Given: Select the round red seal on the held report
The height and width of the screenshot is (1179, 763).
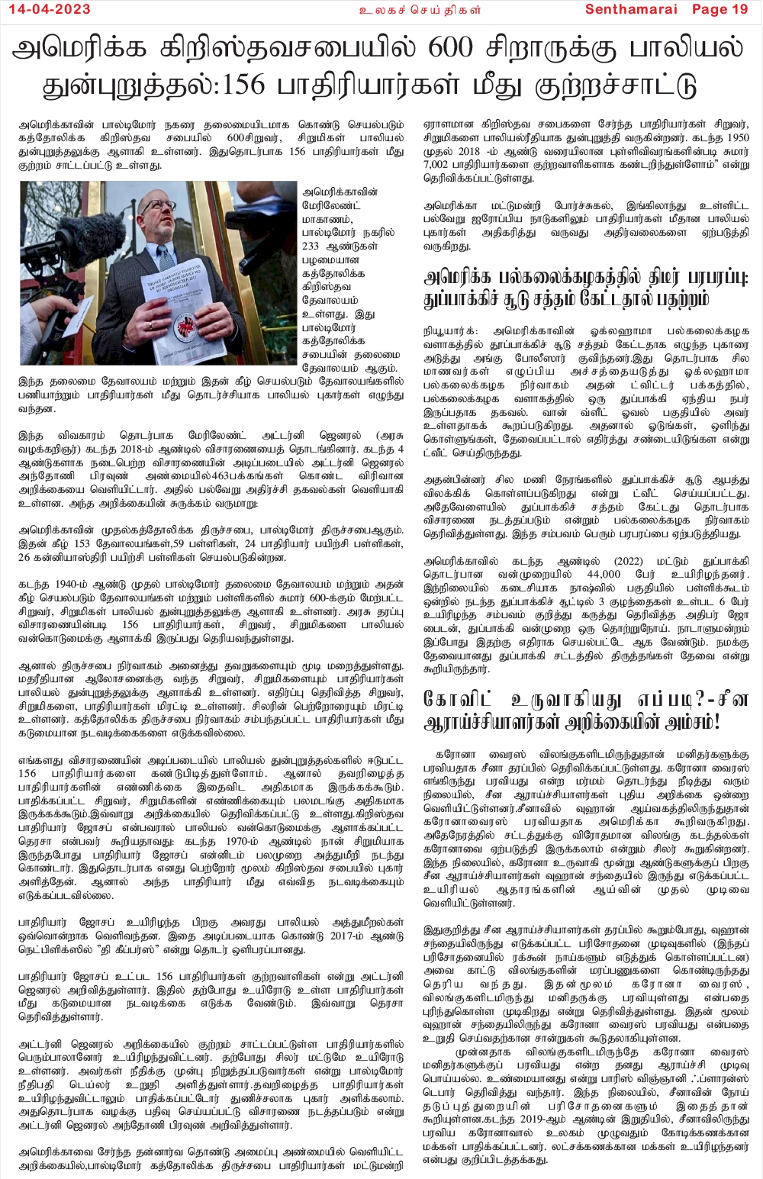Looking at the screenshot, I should [184, 327].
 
